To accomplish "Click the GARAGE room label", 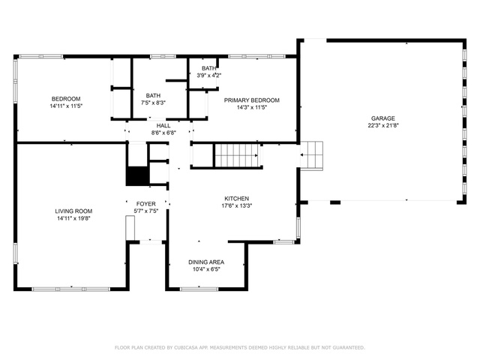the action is pos(383,118).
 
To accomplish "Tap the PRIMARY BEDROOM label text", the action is pos(252,100).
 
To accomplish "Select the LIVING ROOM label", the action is pos(73,211).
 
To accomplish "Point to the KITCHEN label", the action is pos(237,198).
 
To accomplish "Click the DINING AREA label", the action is pos(206,262).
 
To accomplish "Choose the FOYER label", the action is pos(146,203).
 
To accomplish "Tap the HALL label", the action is pos(163,125).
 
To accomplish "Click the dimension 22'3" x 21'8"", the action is pos(383,125).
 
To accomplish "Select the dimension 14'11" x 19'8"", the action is pos(73,218).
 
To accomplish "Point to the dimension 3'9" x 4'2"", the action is pos(208,75).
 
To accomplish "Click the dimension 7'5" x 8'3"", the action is pos(153,103).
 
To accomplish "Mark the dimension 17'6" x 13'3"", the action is pos(237,205).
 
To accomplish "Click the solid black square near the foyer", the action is pos(137,176).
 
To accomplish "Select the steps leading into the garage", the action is pos(311,155).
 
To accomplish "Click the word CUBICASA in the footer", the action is pos(186,347).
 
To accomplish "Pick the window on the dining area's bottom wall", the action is pos(199,289).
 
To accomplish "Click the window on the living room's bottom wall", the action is pos(71,289).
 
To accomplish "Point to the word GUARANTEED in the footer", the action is pos(349,347).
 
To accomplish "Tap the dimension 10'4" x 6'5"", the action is pos(206,269).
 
